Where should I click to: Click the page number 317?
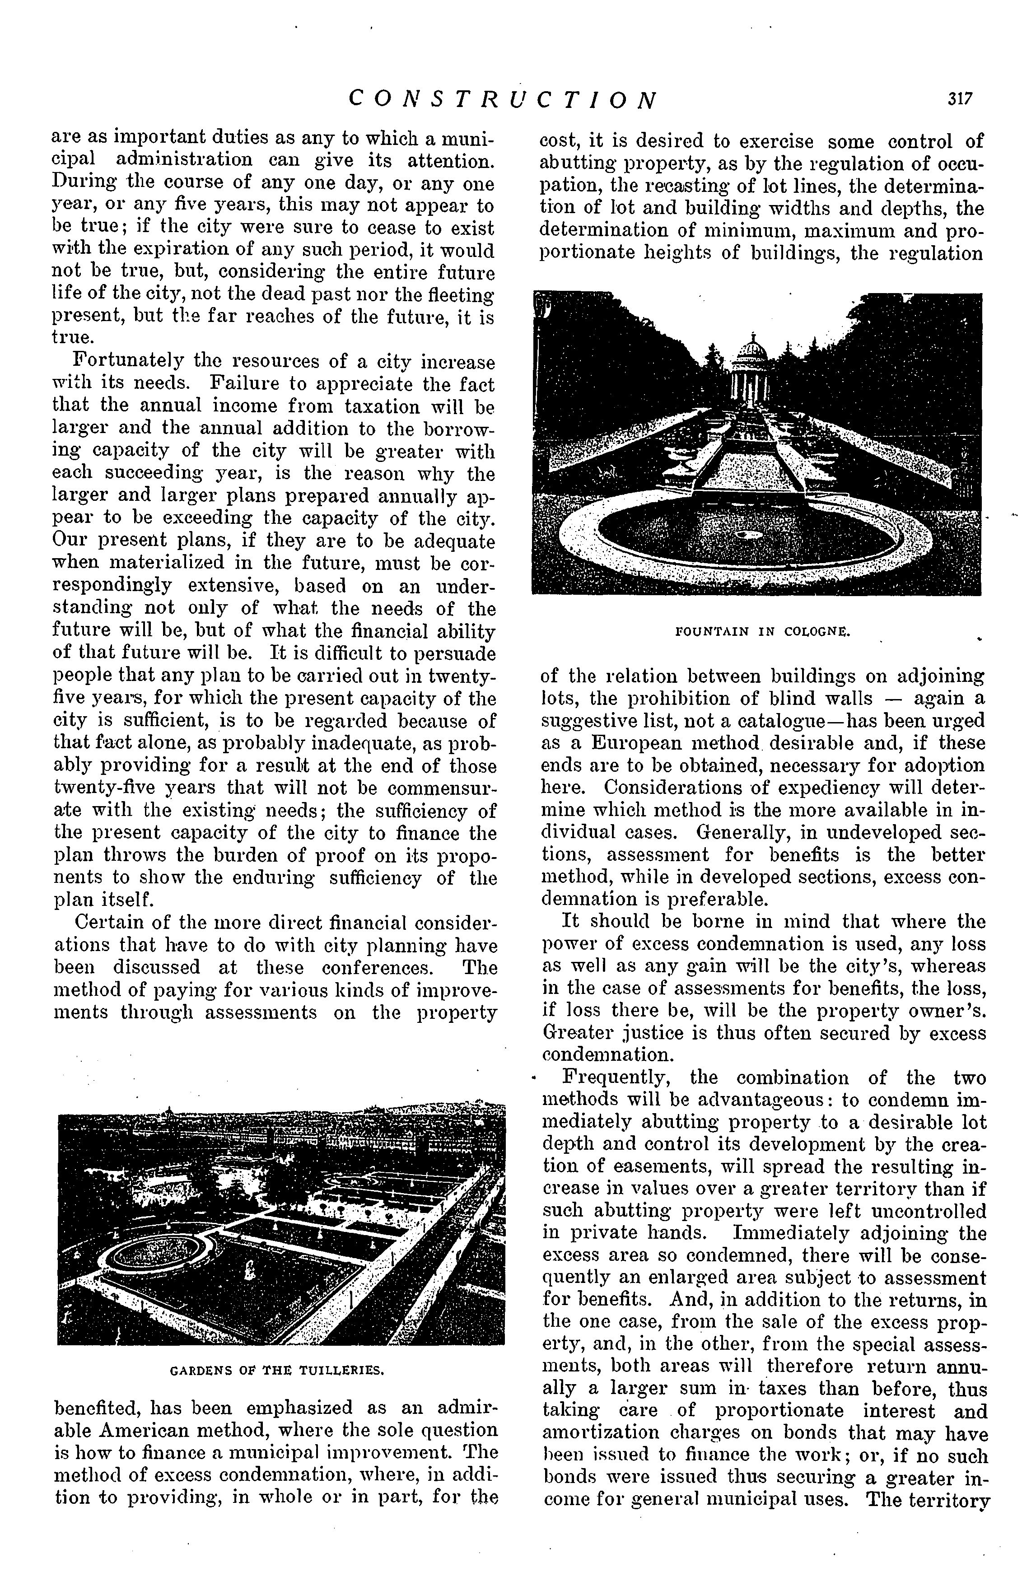point(960,99)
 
